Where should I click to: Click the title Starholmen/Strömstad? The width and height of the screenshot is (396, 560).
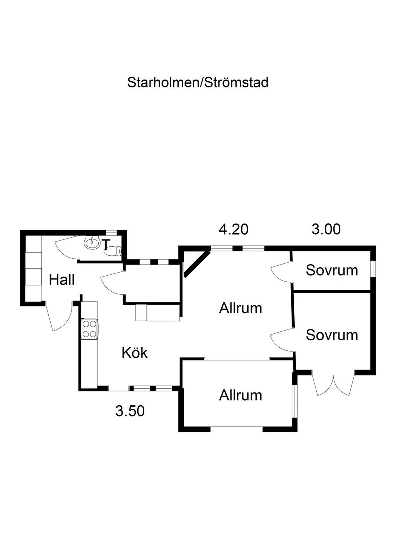(x=198, y=82)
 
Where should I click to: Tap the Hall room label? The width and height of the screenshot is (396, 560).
(x=62, y=280)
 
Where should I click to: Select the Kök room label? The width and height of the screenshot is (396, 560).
(x=135, y=353)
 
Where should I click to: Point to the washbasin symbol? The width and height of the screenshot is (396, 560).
(x=92, y=242)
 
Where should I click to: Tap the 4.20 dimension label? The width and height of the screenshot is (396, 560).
(x=234, y=229)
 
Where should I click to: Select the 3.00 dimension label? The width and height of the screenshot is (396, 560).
(x=326, y=229)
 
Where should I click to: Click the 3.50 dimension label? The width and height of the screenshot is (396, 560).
(x=130, y=411)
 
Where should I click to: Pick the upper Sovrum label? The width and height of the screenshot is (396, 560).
(x=332, y=270)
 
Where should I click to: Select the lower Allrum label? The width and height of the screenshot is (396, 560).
(x=241, y=396)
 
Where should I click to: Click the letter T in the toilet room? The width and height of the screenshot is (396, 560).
(x=107, y=244)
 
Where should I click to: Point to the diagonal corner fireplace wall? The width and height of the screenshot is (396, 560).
(x=197, y=264)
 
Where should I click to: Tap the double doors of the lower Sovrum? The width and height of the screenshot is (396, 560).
(x=333, y=382)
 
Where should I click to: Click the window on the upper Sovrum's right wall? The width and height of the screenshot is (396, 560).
(x=373, y=269)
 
